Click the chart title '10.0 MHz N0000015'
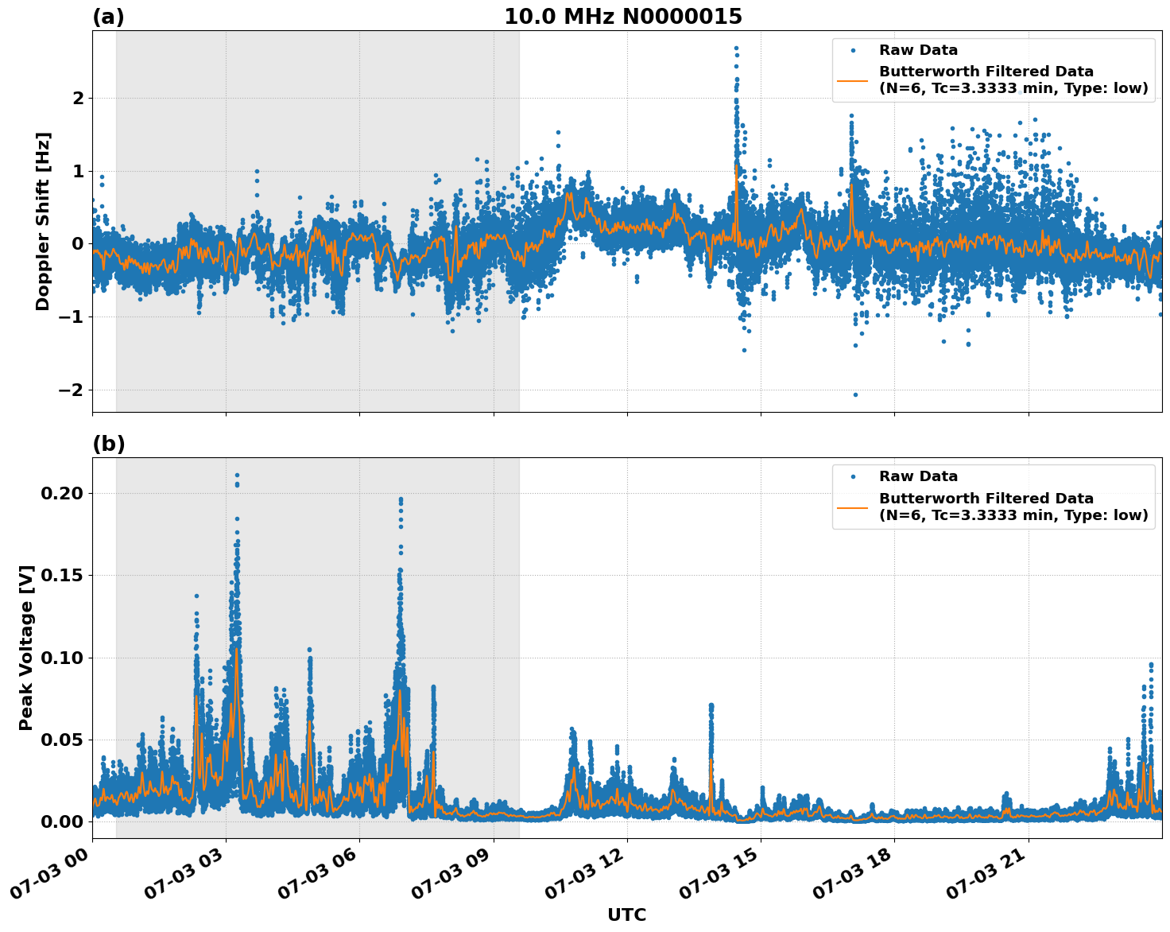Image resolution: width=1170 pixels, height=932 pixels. [623, 17]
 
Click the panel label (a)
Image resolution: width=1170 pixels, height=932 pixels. [108, 17]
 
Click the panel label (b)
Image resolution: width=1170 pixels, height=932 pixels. [108, 444]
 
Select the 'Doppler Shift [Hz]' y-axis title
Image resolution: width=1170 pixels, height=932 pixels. [43, 221]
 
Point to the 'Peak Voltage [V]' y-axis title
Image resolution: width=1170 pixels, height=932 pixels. [26, 647]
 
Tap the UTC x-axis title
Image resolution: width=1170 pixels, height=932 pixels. [626, 915]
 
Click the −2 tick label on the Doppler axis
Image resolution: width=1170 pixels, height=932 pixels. [72, 390]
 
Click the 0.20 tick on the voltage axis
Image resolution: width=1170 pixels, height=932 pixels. [62, 493]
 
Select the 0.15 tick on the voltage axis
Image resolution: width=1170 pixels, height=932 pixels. [62, 575]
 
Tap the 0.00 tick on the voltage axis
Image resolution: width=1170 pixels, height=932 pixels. [62, 821]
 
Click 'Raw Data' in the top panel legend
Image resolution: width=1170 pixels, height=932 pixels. [918, 51]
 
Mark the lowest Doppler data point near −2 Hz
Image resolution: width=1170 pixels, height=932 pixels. [855, 394]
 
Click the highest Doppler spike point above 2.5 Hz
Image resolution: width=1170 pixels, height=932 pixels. [736, 48]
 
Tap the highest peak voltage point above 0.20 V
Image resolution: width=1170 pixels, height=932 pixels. [237, 475]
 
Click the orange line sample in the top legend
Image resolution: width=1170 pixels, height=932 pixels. [853, 80]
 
